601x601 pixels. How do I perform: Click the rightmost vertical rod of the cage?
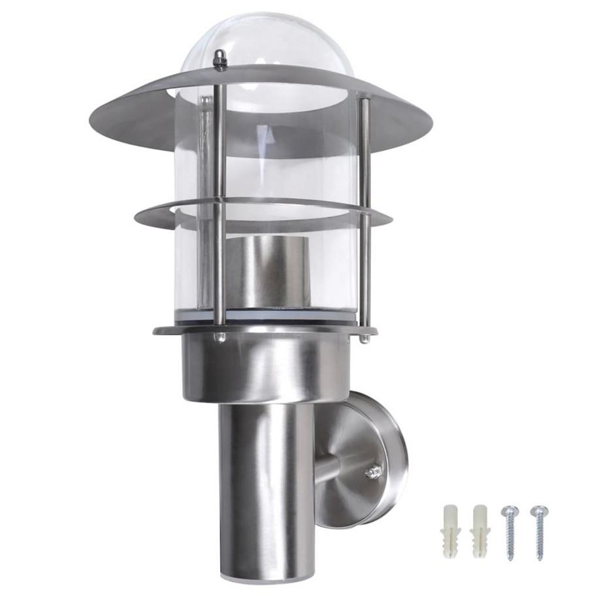(365, 216)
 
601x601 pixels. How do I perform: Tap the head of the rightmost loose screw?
(538, 510)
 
